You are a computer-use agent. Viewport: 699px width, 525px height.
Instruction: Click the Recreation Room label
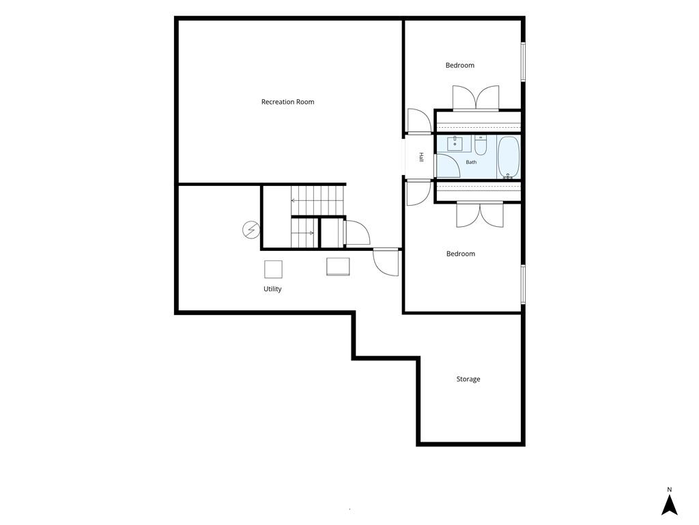(287, 102)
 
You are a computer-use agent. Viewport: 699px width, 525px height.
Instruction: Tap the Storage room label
(468, 379)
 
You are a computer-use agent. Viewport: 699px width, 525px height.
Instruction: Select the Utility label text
(272, 289)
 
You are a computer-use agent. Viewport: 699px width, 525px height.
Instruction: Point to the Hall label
(420, 157)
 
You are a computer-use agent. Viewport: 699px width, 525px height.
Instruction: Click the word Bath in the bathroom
(471, 162)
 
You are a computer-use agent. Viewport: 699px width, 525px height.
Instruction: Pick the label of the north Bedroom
(460, 65)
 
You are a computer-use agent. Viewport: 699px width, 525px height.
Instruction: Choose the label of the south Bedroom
(461, 254)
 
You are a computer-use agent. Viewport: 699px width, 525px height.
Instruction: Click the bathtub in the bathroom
(508, 158)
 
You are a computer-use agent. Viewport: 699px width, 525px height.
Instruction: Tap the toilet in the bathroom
(481, 146)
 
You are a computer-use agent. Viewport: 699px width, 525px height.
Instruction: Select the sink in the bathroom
(455, 144)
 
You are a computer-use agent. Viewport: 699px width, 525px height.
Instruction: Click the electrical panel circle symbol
(251, 230)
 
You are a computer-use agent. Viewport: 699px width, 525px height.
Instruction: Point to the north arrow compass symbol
(669, 505)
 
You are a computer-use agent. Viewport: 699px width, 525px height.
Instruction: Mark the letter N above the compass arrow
(669, 489)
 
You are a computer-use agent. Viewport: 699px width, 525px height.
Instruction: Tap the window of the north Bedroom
(524, 62)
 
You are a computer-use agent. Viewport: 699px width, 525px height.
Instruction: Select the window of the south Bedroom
(524, 284)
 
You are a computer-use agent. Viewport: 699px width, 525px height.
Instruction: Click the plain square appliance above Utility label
(273, 269)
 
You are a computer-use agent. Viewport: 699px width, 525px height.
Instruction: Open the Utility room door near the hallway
(386, 262)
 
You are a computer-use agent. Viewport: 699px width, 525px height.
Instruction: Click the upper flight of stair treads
(318, 200)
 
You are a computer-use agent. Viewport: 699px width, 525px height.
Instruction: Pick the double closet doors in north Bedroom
(476, 98)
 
